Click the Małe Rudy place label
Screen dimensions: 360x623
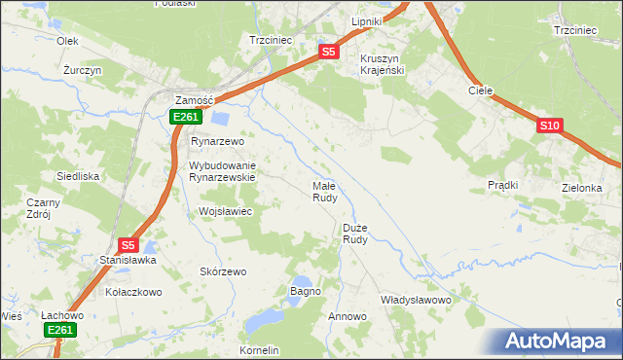324,191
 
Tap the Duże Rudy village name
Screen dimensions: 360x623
355,234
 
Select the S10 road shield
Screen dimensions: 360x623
549,126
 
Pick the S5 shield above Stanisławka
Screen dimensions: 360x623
128,246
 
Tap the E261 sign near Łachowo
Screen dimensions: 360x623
60,331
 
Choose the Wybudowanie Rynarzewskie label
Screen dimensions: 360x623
221,171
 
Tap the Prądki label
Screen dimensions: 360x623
502,184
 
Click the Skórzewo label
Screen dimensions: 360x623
223,271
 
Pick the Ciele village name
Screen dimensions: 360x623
480,90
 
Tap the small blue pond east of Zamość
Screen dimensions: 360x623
220,120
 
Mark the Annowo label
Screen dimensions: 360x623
348,317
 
